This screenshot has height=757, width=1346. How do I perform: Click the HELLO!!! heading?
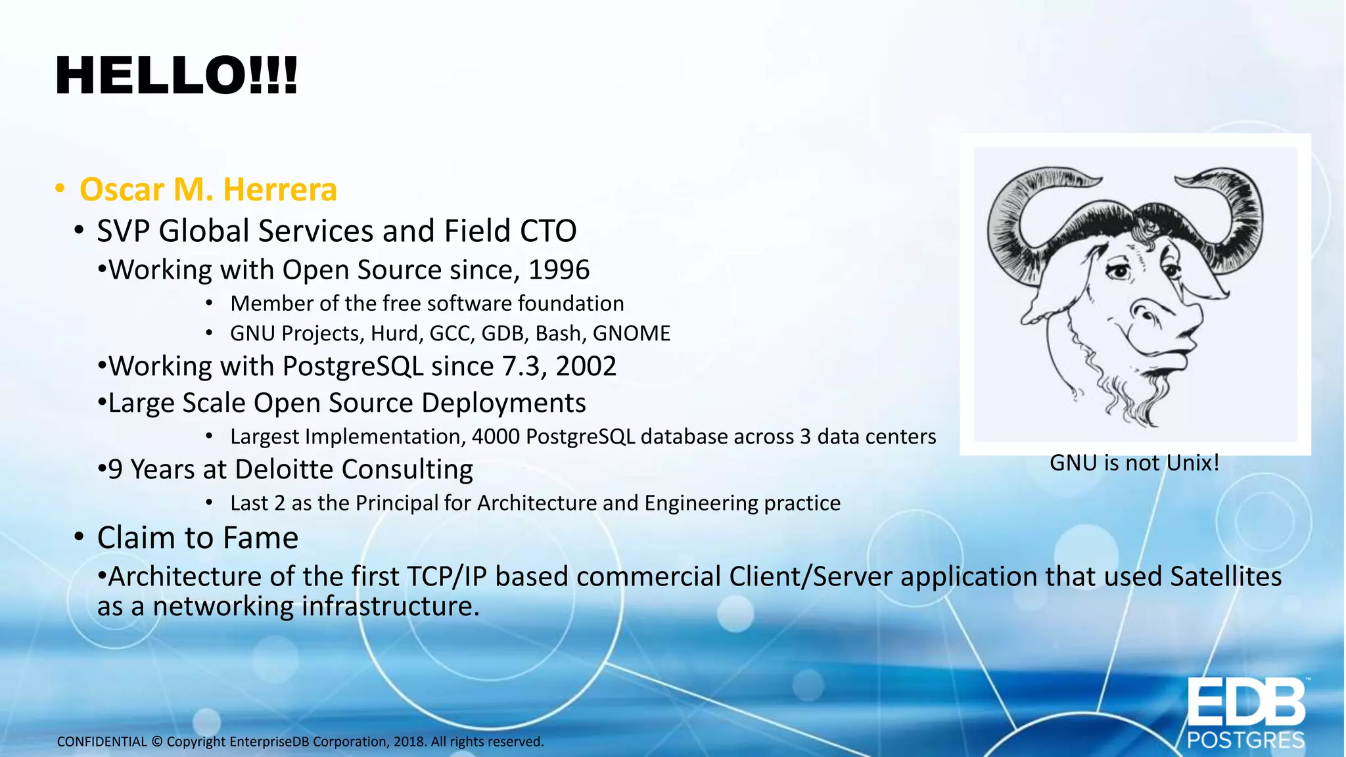[x=176, y=76]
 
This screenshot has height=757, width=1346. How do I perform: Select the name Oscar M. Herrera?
[x=208, y=190]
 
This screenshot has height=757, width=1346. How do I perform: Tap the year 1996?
[x=559, y=270]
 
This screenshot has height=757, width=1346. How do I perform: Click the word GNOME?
[x=631, y=334]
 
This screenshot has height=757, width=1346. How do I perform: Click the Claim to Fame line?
[x=197, y=538]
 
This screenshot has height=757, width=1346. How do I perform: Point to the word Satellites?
[x=1226, y=577]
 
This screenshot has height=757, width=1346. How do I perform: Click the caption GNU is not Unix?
[x=1134, y=463]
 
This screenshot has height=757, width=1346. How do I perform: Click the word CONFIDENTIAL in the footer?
[x=102, y=742]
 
